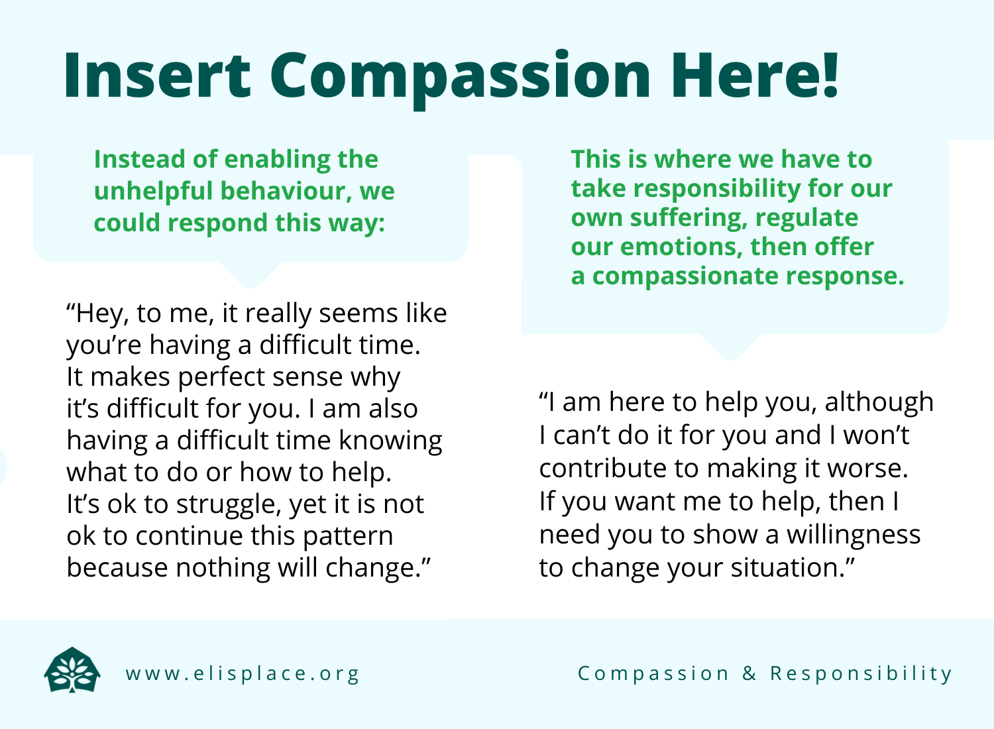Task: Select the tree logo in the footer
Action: [x=72, y=671]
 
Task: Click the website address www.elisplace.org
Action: [x=243, y=673]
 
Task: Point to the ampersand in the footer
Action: [x=749, y=673]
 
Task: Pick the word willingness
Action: [x=854, y=535]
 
